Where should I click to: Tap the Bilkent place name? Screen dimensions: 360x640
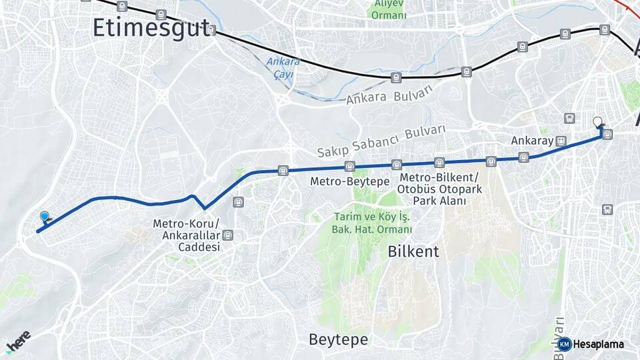[413, 251]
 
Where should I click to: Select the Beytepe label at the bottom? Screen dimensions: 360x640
[338, 339]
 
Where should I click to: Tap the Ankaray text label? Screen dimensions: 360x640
[533, 141]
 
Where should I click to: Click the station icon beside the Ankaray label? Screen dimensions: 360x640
[561, 141]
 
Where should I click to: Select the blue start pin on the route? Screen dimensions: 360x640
[45, 217]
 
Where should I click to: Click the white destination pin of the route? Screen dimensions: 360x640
[597, 122]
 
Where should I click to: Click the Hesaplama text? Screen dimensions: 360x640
[598, 345]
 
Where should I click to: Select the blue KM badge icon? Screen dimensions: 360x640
[564, 345]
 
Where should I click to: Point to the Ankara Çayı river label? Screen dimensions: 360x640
[283, 68]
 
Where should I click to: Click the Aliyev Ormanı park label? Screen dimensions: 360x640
[389, 9]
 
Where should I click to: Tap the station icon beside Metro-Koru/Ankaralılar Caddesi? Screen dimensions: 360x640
[229, 235]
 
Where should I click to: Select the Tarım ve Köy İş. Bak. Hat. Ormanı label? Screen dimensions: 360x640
[371, 223]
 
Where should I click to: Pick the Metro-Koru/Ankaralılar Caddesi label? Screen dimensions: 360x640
[185, 235]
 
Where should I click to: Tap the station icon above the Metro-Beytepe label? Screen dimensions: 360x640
[349, 167]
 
